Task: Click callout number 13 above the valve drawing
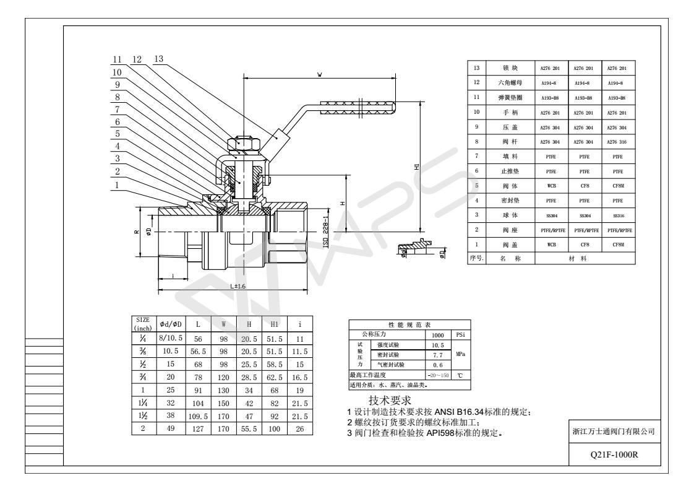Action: pos(158,59)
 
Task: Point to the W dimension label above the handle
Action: pos(319,74)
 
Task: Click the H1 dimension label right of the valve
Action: pos(417,168)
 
